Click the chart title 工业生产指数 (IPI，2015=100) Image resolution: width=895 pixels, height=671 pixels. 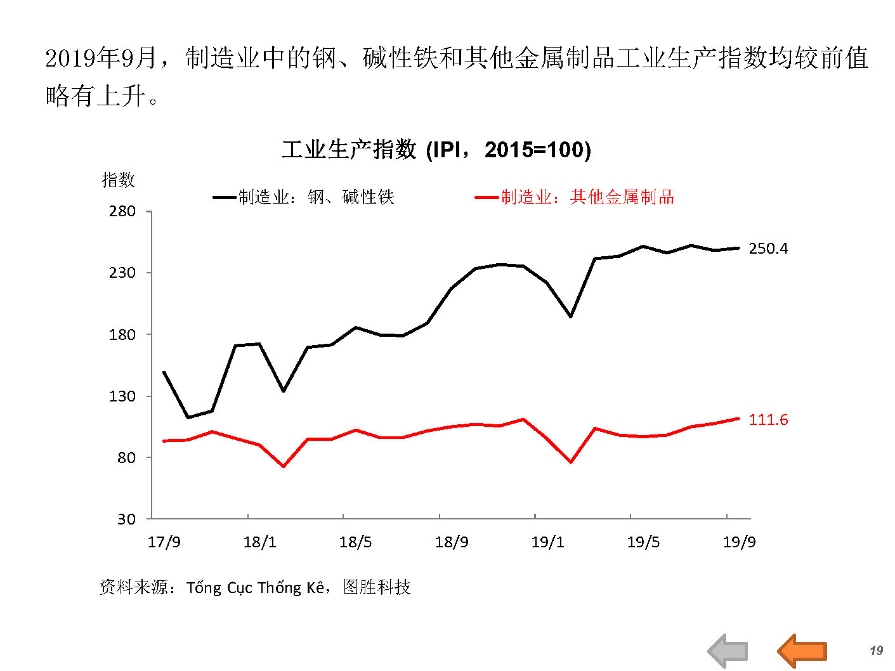[436, 150]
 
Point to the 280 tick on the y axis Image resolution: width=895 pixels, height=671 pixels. [122, 211]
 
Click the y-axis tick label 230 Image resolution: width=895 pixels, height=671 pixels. [122, 273]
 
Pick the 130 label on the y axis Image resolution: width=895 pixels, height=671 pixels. [122, 396]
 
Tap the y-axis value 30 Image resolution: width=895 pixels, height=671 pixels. [127, 519]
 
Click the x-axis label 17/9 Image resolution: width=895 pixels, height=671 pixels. [164, 542]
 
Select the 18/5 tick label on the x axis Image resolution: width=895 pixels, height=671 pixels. [355, 542]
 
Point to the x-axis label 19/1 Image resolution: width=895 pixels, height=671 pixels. [547, 542]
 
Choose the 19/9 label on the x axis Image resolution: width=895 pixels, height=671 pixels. [739, 542]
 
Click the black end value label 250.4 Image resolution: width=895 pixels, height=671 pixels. [768, 249]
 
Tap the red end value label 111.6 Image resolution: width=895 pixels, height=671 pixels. [768, 420]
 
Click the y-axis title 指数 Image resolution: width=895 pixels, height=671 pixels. [118, 180]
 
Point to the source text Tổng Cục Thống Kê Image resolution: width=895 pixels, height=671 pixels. [256, 588]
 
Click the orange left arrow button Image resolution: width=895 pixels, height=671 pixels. [802, 651]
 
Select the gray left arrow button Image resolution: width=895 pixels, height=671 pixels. [728, 651]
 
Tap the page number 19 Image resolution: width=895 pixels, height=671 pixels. [876, 651]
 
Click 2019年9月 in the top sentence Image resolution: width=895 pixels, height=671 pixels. [100, 59]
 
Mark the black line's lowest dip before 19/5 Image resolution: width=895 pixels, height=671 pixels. [188, 417]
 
